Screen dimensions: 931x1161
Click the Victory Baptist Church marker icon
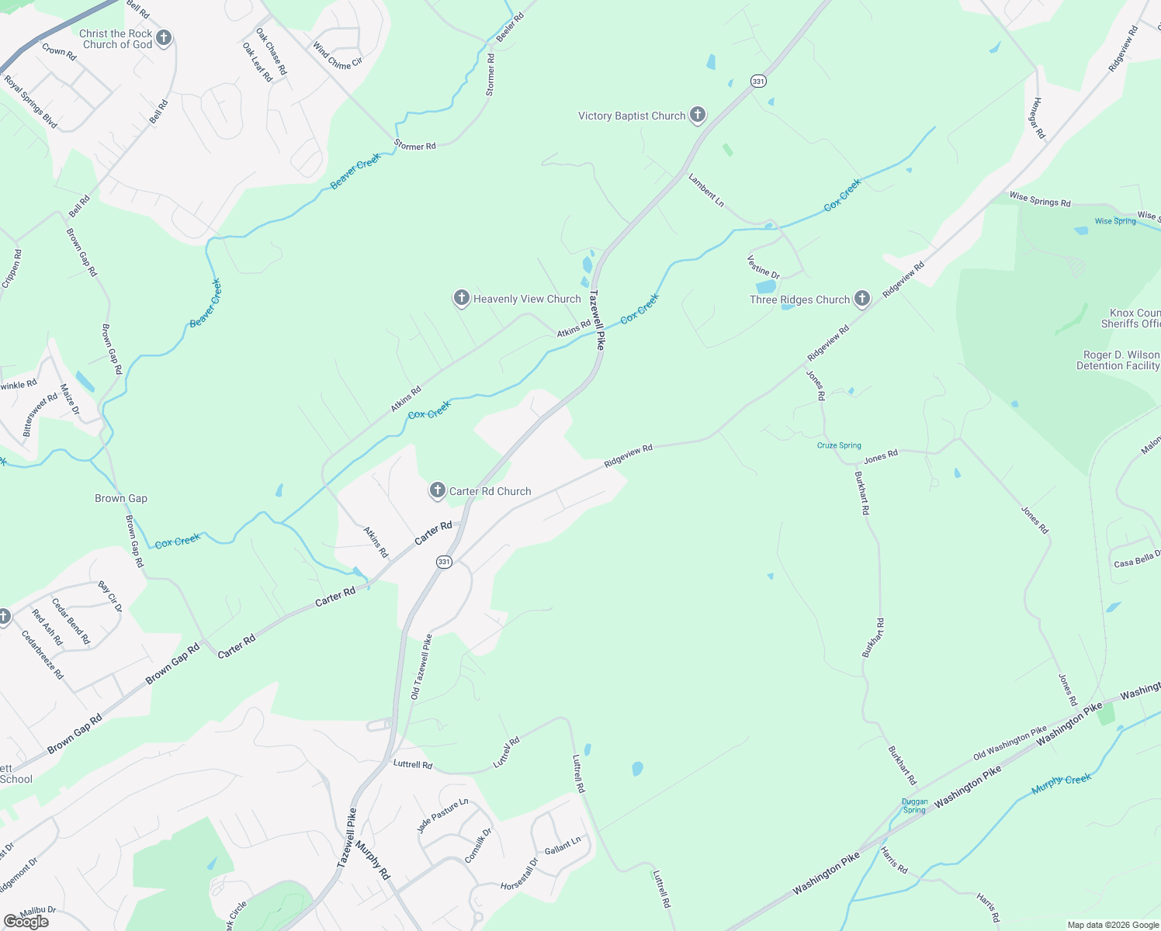698,116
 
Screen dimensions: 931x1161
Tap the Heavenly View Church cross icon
461,298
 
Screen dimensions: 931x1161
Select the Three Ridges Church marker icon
861,299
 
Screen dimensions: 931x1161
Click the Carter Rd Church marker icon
438,490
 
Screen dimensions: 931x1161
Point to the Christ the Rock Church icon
163,38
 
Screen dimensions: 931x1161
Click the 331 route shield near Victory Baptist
758,81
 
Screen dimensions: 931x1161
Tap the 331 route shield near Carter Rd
443,562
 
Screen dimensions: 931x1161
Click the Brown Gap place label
121,498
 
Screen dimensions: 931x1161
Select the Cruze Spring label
839,445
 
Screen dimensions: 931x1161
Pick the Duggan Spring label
914,805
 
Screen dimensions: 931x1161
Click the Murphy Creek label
1061,784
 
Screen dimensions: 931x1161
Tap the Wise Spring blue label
1115,221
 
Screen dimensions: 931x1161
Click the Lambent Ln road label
706,190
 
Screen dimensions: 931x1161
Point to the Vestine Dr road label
763,266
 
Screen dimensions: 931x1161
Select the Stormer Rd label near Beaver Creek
414,145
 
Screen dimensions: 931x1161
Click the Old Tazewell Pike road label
421,667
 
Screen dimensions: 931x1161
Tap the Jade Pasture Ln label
442,815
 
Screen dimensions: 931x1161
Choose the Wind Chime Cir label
338,55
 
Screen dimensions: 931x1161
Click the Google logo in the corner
26,922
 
